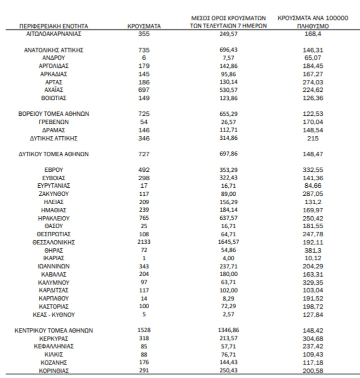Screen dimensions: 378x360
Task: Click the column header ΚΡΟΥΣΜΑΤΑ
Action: pyautogui.click(x=144, y=25)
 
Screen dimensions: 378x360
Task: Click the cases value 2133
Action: pyautogui.click(x=144, y=242)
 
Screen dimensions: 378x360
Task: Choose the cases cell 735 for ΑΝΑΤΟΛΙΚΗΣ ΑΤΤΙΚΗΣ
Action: pyautogui.click(x=144, y=50)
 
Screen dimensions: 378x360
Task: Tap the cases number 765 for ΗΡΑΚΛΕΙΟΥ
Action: pyautogui.click(x=144, y=218)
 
